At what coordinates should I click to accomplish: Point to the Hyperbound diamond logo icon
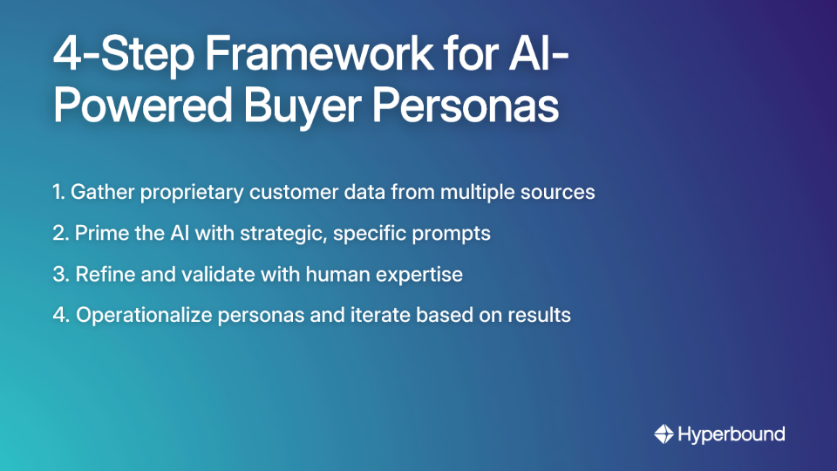664,433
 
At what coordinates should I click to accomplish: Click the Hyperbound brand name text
732,433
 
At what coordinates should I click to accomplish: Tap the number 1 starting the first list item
58,193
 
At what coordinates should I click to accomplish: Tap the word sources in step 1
560,193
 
